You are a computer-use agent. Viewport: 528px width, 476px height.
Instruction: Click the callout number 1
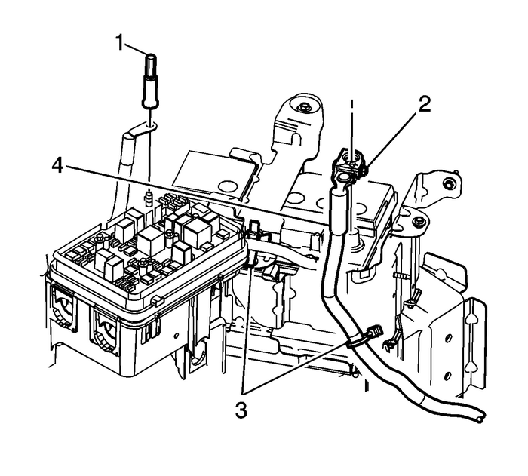[118, 44]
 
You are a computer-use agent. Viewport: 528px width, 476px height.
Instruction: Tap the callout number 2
[425, 104]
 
